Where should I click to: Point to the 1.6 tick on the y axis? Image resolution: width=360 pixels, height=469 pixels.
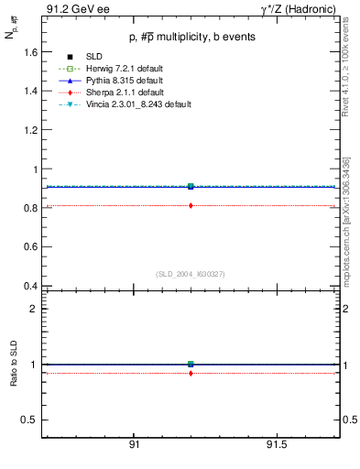(x=28, y=52)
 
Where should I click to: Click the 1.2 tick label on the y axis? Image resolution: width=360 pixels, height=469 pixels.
(x=28, y=130)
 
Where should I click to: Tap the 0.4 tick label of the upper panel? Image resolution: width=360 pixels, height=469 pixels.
(x=28, y=286)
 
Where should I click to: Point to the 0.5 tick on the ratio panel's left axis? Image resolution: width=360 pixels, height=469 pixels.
(x=28, y=420)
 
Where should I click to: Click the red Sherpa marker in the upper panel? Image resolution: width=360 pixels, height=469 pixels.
(x=191, y=205)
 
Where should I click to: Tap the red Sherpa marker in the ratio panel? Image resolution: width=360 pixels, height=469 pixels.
(x=191, y=373)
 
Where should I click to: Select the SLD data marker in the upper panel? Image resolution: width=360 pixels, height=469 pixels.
(x=191, y=186)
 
